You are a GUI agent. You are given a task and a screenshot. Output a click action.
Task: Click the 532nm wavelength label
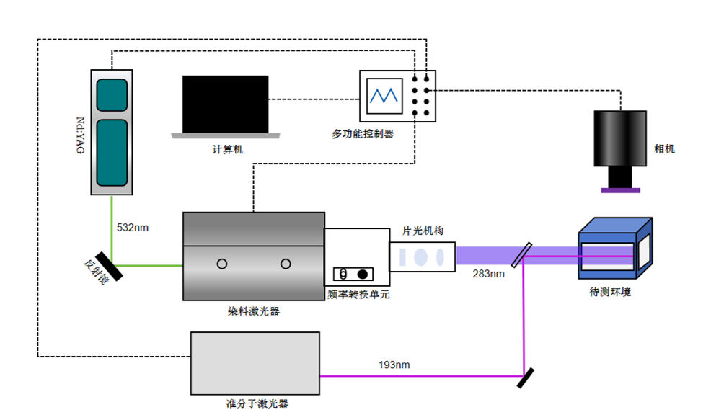pyautogui.click(x=133, y=228)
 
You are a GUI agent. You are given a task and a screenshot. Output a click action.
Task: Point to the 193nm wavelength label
pyautogui.click(x=394, y=365)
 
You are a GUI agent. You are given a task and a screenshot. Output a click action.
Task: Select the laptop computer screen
pyautogui.click(x=225, y=104)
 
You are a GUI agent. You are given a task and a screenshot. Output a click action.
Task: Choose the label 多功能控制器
pyautogui.click(x=363, y=133)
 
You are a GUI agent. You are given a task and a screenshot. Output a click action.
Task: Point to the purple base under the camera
pyautogui.click(x=620, y=190)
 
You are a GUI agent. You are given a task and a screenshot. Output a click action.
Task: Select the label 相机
pyautogui.click(x=664, y=148)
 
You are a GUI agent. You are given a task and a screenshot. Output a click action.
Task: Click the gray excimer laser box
pyautogui.click(x=255, y=363)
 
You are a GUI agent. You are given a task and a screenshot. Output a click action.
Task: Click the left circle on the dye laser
pyautogui.click(x=222, y=264)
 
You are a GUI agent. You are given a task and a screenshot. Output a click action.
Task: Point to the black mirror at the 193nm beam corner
pyautogui.click(x=526, y=377)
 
